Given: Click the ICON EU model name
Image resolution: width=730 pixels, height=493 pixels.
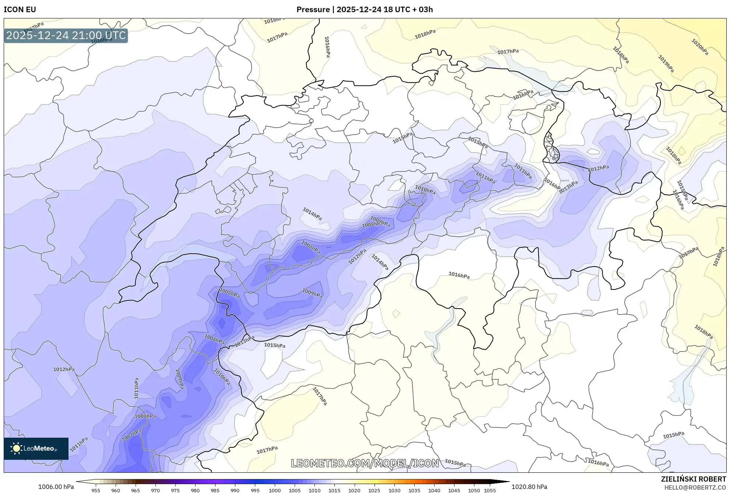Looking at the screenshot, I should tap(20, 10).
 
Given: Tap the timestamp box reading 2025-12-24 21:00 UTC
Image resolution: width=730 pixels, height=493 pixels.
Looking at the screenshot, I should tap(66, 35).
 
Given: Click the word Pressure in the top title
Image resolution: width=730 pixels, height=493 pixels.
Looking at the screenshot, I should tap(313, 10).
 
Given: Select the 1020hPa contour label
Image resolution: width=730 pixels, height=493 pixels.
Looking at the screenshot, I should tap(699, 47).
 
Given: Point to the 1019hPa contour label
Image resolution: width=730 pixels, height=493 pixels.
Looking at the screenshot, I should tap(666, 63).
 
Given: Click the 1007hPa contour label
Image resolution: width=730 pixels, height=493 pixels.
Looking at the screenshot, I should tap(131, 435).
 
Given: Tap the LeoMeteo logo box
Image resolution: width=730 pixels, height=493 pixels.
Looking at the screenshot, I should tap(36, 448).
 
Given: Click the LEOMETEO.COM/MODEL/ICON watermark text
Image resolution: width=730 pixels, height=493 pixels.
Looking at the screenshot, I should tap(365, 463).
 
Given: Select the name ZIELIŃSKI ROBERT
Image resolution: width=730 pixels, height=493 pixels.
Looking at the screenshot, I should tap(693, 479).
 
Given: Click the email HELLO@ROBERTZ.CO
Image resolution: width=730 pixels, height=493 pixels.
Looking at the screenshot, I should tap(695, 487).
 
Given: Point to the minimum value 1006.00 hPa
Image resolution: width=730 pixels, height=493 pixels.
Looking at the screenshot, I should tap(56, 487).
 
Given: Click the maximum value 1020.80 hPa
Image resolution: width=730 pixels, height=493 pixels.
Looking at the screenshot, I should tap(529, 487).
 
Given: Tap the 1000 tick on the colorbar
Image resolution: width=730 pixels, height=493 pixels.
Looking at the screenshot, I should tap(275, 490).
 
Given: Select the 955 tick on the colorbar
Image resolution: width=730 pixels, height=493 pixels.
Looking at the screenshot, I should tap(96, 490).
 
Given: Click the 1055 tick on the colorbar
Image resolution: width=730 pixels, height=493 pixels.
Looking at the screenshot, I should tap(489, 490).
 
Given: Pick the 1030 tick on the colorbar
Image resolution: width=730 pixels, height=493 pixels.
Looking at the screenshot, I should tap(394, 490).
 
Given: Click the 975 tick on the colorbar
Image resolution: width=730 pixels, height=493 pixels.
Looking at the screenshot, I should tap(175, 490).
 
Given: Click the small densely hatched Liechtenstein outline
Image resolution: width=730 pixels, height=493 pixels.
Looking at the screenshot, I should tap(551, 149).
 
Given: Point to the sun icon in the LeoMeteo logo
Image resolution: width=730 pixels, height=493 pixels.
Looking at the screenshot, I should tap(16, 448).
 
